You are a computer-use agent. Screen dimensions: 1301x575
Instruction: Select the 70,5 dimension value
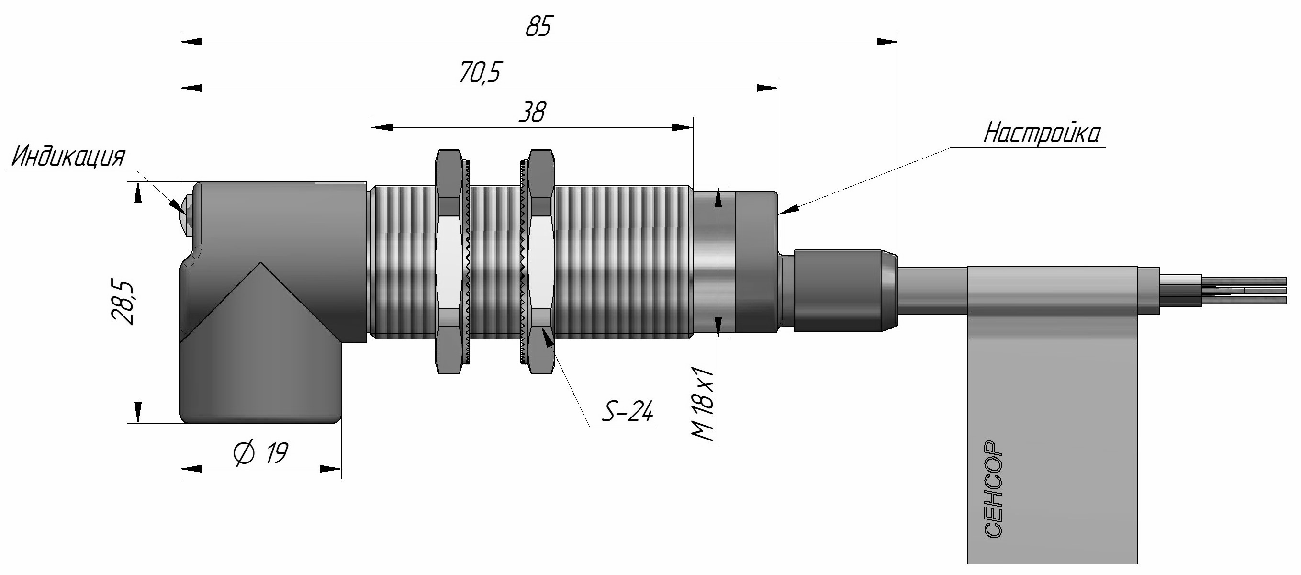pos(479,73)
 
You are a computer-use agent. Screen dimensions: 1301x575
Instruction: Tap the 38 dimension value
pos(532,112)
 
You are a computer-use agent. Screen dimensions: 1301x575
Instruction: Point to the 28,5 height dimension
pos(123,302)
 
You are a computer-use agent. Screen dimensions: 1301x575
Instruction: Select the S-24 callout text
pos(628,411)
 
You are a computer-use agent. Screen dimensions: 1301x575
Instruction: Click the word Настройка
pos(1042,134)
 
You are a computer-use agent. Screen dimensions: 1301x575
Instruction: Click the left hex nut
pos(449,261)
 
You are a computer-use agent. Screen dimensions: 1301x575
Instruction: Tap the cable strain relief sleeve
pos(845,291)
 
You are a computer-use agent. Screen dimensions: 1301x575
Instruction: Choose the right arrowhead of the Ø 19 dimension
pos(331,469)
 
